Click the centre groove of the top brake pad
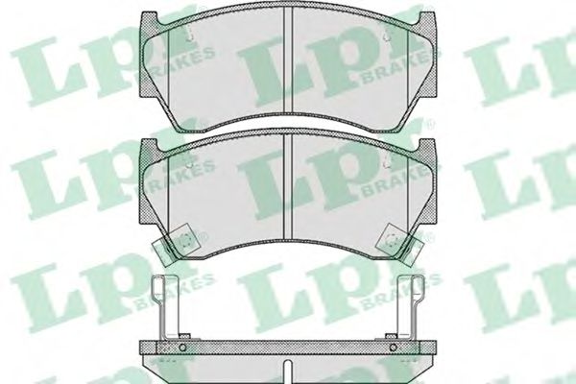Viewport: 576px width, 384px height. pyautogui.click(x=288, y=60)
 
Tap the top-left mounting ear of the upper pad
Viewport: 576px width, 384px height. pyautogui.click(x=150, y=19)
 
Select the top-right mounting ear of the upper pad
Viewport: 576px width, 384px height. pyautogui.click(x=427, y=19)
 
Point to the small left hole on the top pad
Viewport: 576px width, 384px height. pyautogui.click(x=189, y=37)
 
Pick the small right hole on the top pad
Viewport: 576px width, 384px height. pyautogui.click(x=386, y=37)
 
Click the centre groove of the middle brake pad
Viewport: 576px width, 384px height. pyautogui.click(x=288, y=186)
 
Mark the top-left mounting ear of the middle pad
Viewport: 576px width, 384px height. pyautogui.click(x=150, y=146)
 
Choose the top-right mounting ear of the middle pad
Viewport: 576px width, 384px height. pyautogui.click(x=427, y=146)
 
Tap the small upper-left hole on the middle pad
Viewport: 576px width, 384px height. pyautogui.click(x=189, y=164)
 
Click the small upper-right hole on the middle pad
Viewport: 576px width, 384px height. pyautogui.click(x=386, y=164)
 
